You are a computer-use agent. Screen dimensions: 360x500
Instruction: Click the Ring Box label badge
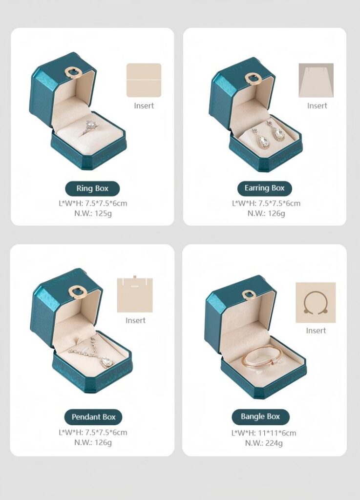point(92,188)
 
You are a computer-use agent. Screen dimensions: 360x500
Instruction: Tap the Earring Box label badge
point(264,188)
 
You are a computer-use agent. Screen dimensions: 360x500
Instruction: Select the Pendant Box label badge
point(93,417)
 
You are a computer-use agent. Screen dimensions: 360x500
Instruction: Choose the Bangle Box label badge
point(260,417)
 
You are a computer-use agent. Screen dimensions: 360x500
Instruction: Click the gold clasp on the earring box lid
point(252,79)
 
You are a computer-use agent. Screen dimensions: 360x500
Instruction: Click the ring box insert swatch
point(144,80)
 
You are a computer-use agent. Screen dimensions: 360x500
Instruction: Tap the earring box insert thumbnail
point(316,81)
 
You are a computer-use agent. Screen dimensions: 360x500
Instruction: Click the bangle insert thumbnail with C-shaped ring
point(316,303)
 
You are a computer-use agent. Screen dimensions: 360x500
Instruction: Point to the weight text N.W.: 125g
point(93,213)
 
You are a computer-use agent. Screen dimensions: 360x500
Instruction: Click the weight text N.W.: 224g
point(264,443)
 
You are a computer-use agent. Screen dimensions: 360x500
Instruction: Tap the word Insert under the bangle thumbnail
point(316,331)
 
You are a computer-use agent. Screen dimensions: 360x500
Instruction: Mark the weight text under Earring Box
point(266,213)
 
